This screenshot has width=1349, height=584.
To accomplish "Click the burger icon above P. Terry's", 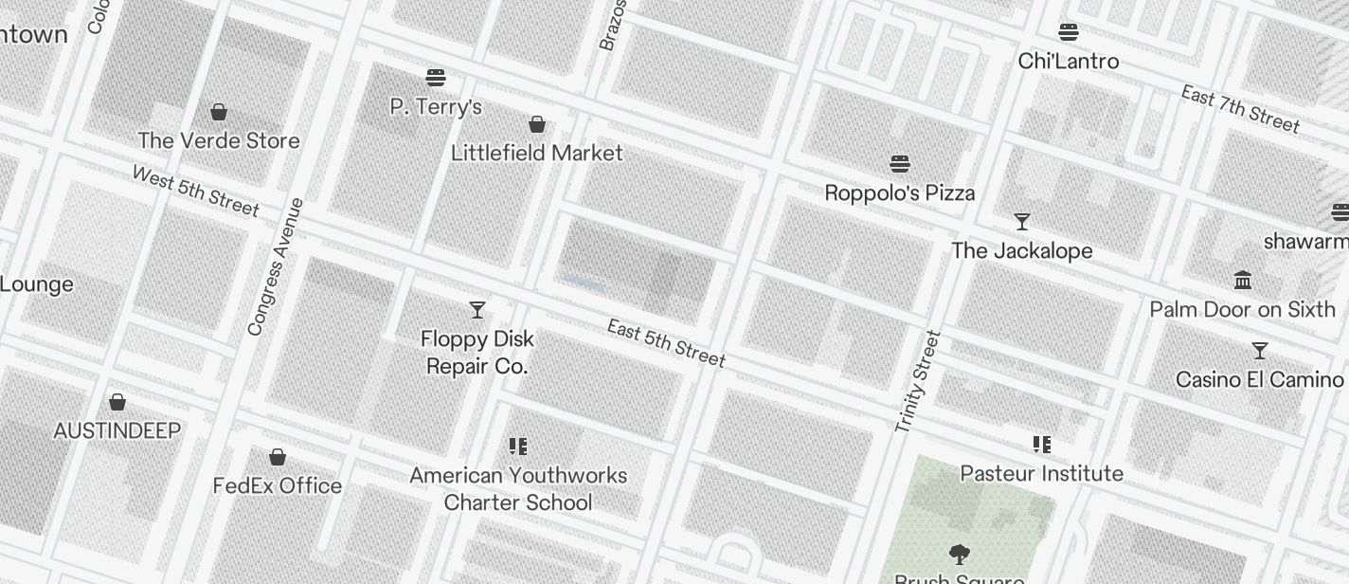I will [436, 78].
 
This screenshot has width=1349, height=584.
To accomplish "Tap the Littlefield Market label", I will [536, 153].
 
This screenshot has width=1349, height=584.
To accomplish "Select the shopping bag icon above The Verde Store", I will [219, 112].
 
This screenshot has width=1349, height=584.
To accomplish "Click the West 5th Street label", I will [195, 191].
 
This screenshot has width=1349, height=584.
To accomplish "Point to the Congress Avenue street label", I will [275, 266].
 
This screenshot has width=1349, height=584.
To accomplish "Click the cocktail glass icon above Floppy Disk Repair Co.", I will [477, 310].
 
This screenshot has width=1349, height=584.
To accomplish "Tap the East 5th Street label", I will [666, 343].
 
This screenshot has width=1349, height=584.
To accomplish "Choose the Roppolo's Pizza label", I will [899, 193].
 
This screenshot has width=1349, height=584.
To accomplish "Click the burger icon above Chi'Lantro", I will [1069, 33].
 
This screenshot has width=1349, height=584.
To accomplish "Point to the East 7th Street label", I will [1240, 108].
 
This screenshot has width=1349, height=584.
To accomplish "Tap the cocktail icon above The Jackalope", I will [1022, 222].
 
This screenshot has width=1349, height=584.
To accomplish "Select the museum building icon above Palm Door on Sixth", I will [1243, 281].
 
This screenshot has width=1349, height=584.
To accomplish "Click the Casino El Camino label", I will [1259, 379].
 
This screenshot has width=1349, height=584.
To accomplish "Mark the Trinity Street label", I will [918, 381].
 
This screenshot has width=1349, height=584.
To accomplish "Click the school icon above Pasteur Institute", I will [1042, 445].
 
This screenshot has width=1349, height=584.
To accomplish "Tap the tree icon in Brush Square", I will [959, 554].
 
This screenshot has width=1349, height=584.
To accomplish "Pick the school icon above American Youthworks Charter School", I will [518, 447].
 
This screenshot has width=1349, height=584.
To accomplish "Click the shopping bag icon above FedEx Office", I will [278, 458].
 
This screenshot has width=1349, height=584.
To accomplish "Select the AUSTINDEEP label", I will [117, 431].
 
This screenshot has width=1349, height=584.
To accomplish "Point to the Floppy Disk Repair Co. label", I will [477, 353].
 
